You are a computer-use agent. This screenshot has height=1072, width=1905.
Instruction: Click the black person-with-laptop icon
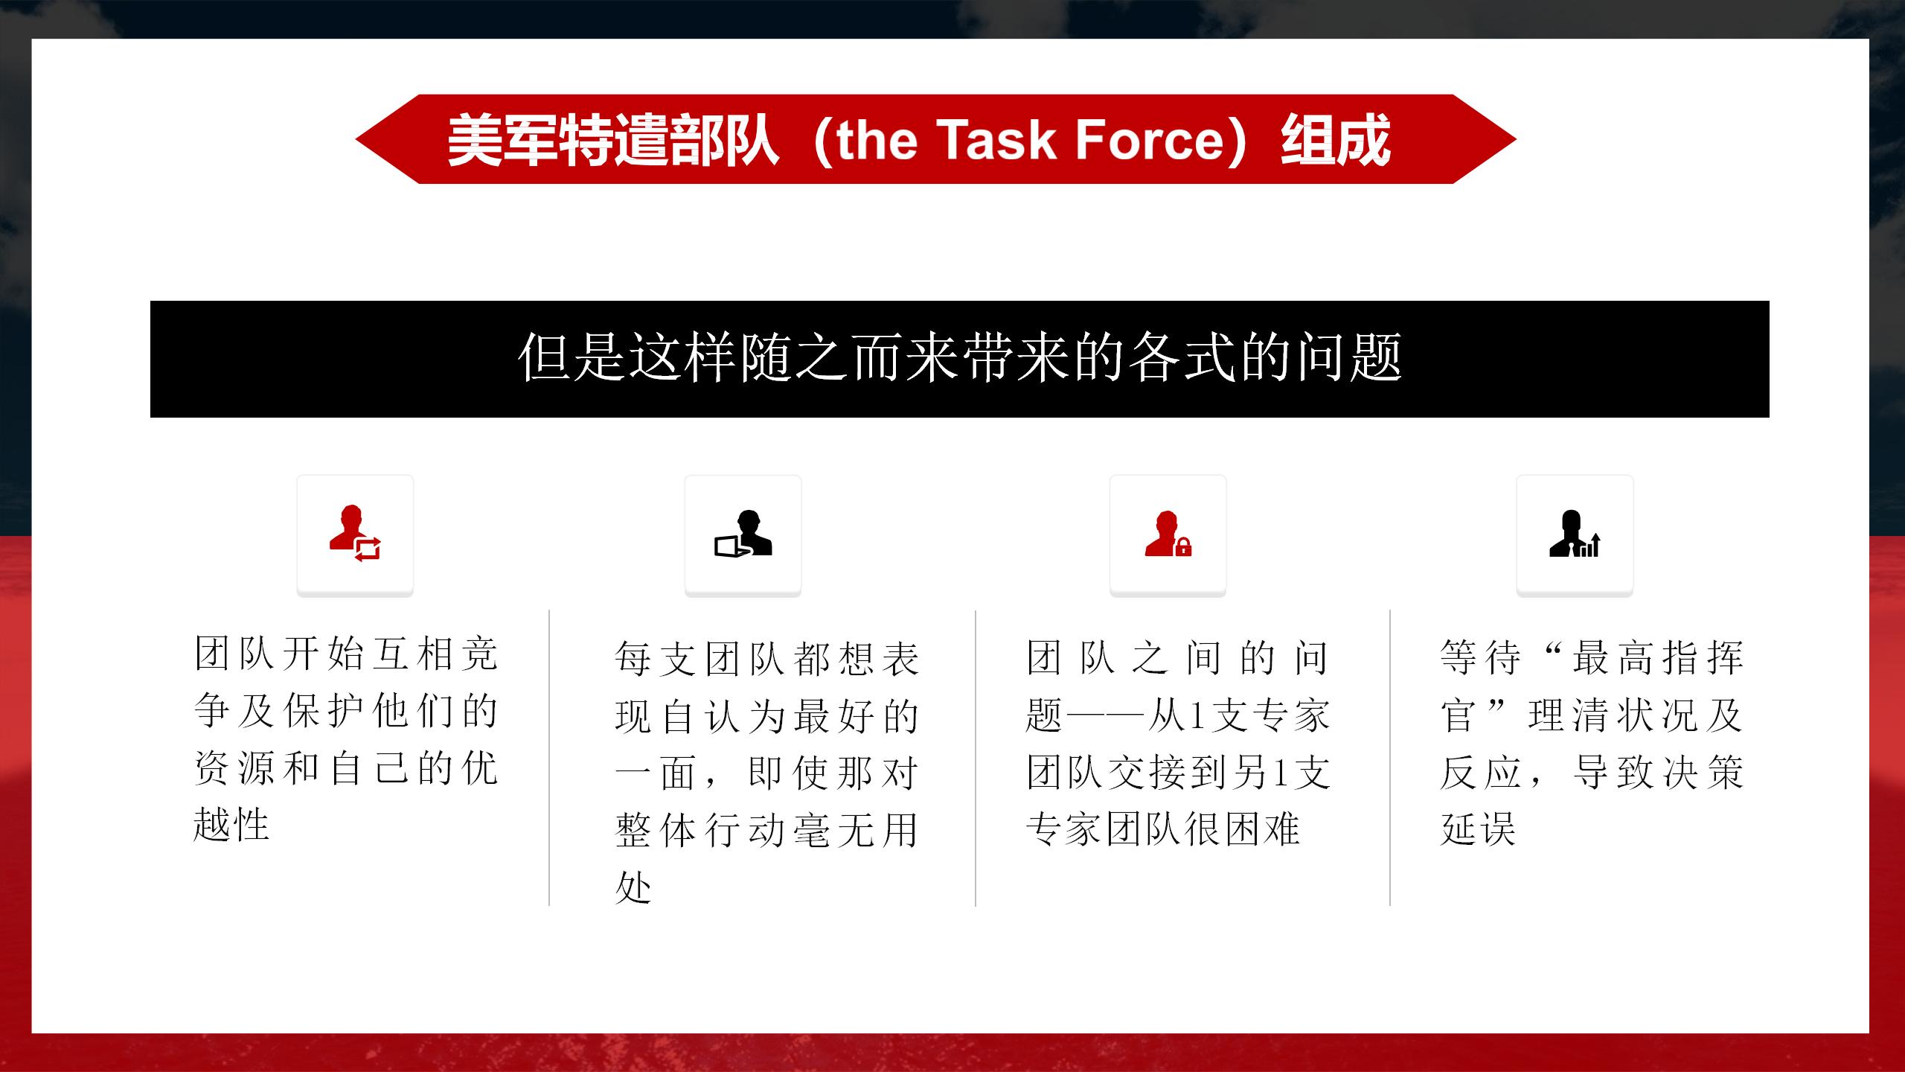point(743,534)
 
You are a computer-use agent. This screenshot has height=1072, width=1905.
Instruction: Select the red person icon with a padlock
point(1168,534)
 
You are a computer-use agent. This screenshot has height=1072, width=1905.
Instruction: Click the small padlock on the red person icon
point(1183,547)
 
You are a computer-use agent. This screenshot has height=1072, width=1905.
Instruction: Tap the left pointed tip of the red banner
point(356,139)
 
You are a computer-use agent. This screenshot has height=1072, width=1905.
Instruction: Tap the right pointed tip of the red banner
point(1516,139)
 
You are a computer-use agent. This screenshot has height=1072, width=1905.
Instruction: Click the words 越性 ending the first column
point(231,824)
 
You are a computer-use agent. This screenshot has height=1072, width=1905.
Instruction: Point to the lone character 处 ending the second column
point(633,887)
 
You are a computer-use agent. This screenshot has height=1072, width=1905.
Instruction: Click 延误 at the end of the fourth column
point(1478,829)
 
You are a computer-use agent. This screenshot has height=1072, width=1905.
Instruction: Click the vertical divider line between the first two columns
point(549,758)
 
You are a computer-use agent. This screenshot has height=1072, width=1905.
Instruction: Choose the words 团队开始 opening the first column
point(278,654)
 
